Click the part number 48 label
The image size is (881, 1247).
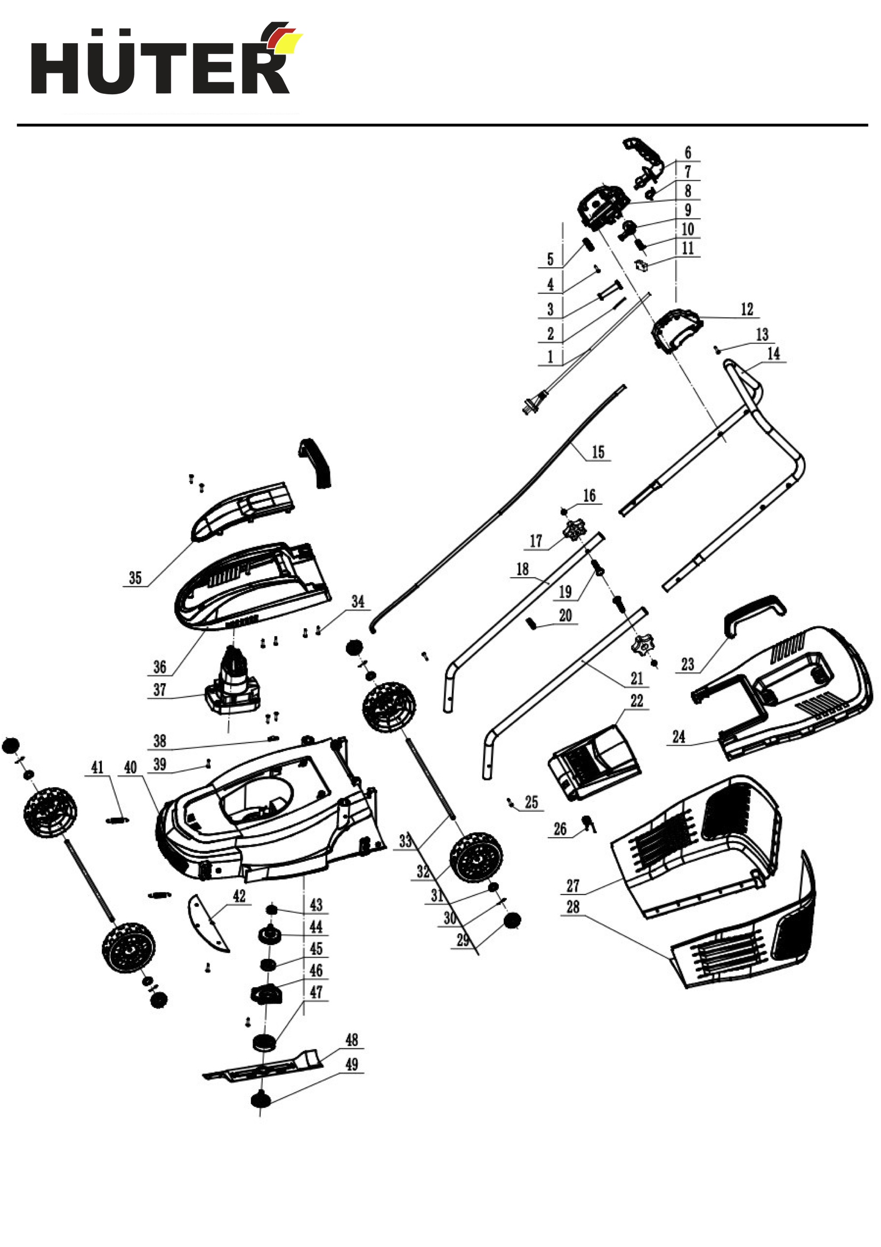pyautogui.click(x=352, y=1040)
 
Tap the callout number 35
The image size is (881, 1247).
pyautogui.click(x=135, y=578)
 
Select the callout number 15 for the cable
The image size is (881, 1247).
pyautogui.click(x=597, y=452)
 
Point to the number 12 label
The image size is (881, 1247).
pyautogui.click(x=747, y=309)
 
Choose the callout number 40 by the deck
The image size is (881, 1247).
pyautogui.click(x=130, y=767)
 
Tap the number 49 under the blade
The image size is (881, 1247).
pyautogui.click(x=352, y=1064)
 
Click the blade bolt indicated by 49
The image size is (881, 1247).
pyautogui.click(x=261, y=1100)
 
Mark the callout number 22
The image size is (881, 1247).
pyautogui.click(x=637, y=701)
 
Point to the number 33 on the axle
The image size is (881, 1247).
pyautogui.click(x=405, y=841)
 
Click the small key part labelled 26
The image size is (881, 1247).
pyautogui.click(x=587, y=824)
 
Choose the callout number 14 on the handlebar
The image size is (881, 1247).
pyautogui.click(x=773, y=354)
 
